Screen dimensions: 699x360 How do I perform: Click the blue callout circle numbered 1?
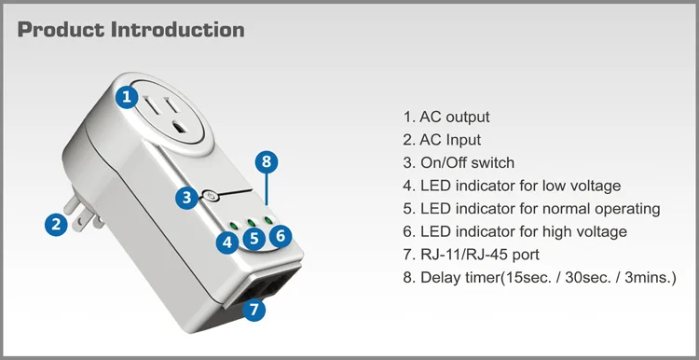[x=127, y=97]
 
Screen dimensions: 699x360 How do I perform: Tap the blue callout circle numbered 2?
[x=56, y=225]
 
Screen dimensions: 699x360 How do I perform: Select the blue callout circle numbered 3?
[x=186, y=197]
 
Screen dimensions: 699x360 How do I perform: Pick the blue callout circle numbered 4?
[x=227, y=243]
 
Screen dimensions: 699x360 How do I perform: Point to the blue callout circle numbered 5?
[x=254, y=239]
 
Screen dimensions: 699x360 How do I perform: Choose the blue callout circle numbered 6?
[x=281, y=236]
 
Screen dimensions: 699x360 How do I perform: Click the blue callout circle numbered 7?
[x=254, y=310]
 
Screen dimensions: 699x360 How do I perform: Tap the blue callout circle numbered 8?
[x=267, y=161]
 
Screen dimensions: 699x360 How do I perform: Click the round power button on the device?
[x=211, y=196]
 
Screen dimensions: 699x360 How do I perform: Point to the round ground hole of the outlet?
[x=181, y=128]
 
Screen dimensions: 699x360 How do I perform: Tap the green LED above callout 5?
[x=252, y=222]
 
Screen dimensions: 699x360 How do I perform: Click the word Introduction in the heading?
[x=177, y=30]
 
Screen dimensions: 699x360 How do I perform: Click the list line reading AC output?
[x=446, y=117]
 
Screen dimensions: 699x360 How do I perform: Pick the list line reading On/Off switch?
[x=459, y=163]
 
